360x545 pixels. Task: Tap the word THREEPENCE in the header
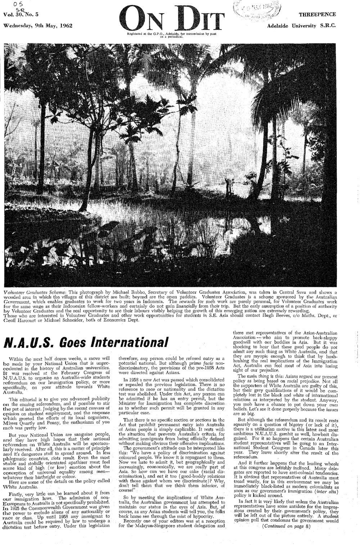point(317,14)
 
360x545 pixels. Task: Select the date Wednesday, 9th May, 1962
point(38,26)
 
